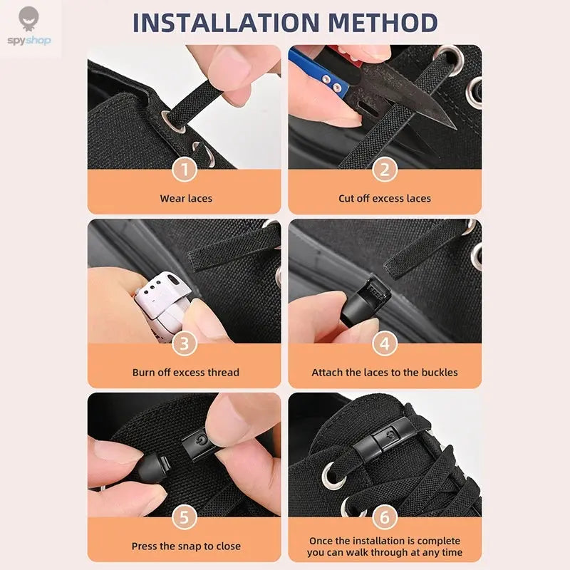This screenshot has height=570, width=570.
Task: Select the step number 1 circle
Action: click(x=185, y=170)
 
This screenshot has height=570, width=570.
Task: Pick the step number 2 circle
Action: click(x=385, y=170)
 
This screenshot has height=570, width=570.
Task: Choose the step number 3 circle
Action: click(x=185, y=343)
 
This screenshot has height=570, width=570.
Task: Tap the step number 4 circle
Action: click(x=385, y=343)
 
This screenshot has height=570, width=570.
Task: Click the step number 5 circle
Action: click(x=185, y=517)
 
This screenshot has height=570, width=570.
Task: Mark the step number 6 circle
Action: click(x=385, y=517)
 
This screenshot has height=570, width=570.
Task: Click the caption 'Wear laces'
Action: click(x=186, y=198)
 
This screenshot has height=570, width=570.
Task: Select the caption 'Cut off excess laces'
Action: click(x=385, y=198)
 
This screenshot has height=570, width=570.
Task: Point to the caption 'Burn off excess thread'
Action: click(x=186, y=372)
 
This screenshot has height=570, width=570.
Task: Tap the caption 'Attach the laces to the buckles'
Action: click(x=385, y=372)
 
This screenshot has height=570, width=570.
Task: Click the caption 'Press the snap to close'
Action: click(x=186, y=546)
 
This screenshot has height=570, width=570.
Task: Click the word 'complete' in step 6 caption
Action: click(x=438, y=541)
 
